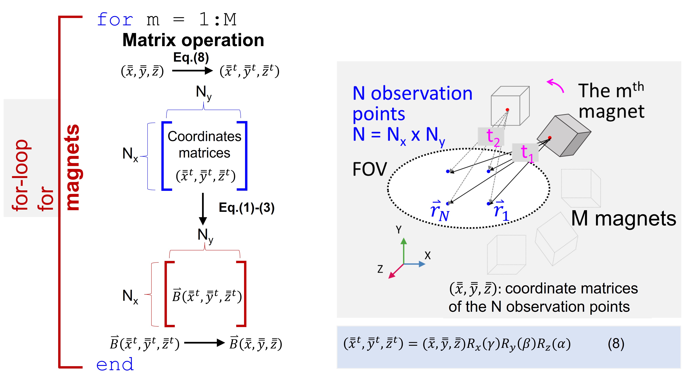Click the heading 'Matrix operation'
[193, 40]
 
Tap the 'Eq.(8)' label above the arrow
[191, 57]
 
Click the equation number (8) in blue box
[616, 344]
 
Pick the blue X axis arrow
[415, 264]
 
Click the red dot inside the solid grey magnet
[550, 138]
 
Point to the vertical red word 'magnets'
[72, 167]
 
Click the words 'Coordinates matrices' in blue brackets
[205, 145]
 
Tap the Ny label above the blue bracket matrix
[203, 93]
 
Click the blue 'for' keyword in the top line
[115, 19]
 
